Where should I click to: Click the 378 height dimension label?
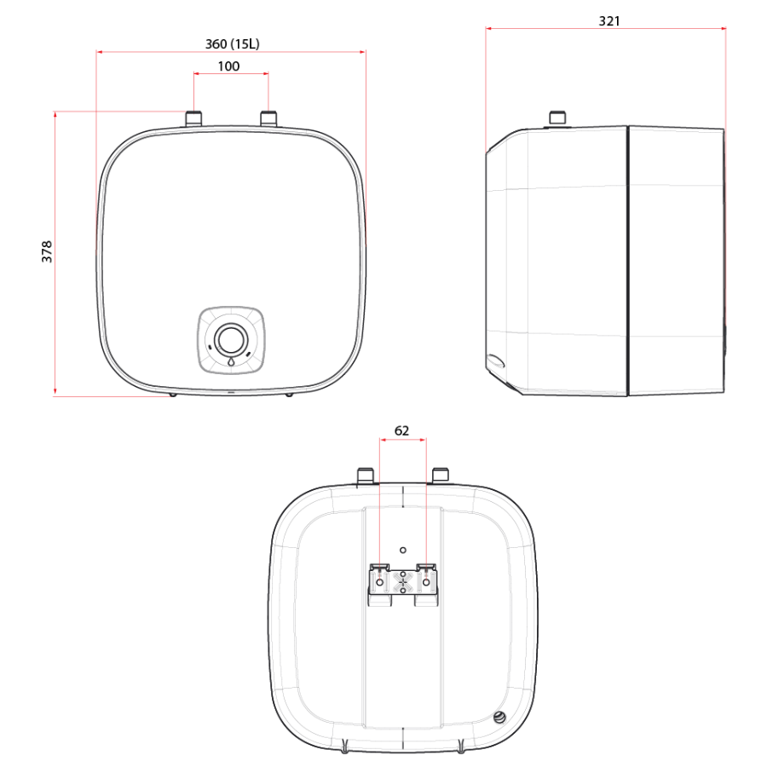click(48, 251)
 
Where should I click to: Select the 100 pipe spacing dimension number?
click(228, 66)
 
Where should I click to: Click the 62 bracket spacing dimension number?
click(402, 431)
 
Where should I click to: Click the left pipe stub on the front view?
click(194, 118)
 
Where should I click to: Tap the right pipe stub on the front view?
click(268, 118)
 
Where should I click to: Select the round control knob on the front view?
click(230, 338)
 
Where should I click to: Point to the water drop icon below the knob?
click(230, 361)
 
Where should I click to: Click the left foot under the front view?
click(173, 394)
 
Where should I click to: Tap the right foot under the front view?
click(289, 394)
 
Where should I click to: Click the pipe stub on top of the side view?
click(558, 118)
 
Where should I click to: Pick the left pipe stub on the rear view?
click(366, 474)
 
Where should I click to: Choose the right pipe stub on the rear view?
click(441, 474)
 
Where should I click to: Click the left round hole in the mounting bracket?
click(379, 581)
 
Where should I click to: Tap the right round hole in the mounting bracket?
click(427, 581)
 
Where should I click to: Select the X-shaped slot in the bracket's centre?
click(403, 581)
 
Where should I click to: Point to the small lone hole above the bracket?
click(403, 550)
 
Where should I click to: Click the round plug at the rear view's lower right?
click(499, 718)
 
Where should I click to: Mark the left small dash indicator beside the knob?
click(210, 349)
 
